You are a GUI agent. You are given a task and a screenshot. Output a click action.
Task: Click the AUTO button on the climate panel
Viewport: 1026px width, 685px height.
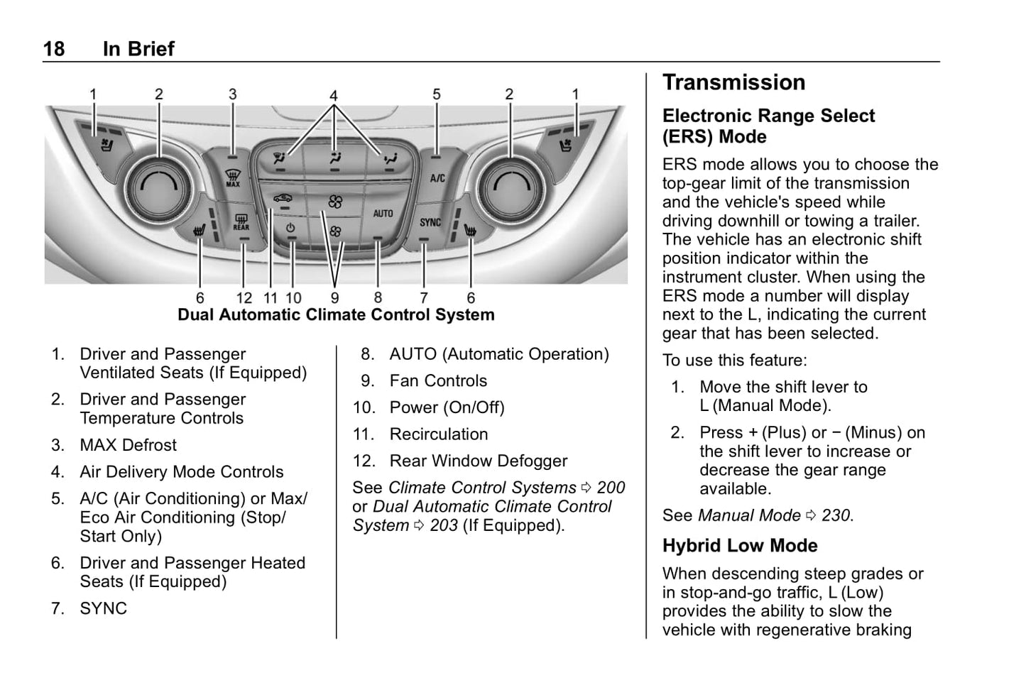pyautogui.click(x=383, y=214)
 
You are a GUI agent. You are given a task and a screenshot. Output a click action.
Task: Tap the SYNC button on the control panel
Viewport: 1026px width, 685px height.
pyautogui.click(x=430, y=222)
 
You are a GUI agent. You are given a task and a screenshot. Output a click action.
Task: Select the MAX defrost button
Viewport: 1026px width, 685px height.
pyautogui.click(x=233, y=176)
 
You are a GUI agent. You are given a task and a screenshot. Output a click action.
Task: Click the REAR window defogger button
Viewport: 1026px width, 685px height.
pyautogui.click(x=241, y=223)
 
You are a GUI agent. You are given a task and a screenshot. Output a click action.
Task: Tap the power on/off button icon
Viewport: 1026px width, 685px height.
pyautogui.click(x=290, y=228)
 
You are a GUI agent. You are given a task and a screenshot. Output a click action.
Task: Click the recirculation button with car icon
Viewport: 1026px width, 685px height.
pyautogui.click(x=283, y=199)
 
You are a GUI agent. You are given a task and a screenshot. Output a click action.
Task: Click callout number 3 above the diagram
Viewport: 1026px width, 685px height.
pyautogui.click(x=232, y=94)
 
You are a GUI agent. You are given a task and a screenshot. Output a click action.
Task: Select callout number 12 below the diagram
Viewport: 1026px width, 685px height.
pyautogui.click(x=244, y=298)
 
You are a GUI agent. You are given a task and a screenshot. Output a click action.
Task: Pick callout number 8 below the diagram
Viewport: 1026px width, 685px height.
pyautogui.click(x=378, y=298)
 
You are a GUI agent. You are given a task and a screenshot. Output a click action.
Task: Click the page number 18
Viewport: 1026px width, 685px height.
pyautogui.click(x=54, y=49)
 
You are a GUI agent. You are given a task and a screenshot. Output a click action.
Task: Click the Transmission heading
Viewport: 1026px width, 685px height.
pyautogui.click(x=733, y=82)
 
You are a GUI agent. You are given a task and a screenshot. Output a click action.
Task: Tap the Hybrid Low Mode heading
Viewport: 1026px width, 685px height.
pyautogui.click(x=740, y=545)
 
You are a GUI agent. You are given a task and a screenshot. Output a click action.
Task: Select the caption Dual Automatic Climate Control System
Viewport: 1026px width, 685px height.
pyautogui.click(x=336, y=315)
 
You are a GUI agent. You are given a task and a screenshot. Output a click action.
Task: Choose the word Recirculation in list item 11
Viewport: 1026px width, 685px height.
pyautogui.click(x=439, y=434)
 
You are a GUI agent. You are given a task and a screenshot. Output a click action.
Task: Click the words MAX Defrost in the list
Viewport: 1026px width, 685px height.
pyautogui.click(x=129, y=445)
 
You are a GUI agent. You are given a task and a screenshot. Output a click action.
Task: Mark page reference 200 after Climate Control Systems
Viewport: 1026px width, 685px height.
pyautogui.click(x=611, y=488)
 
